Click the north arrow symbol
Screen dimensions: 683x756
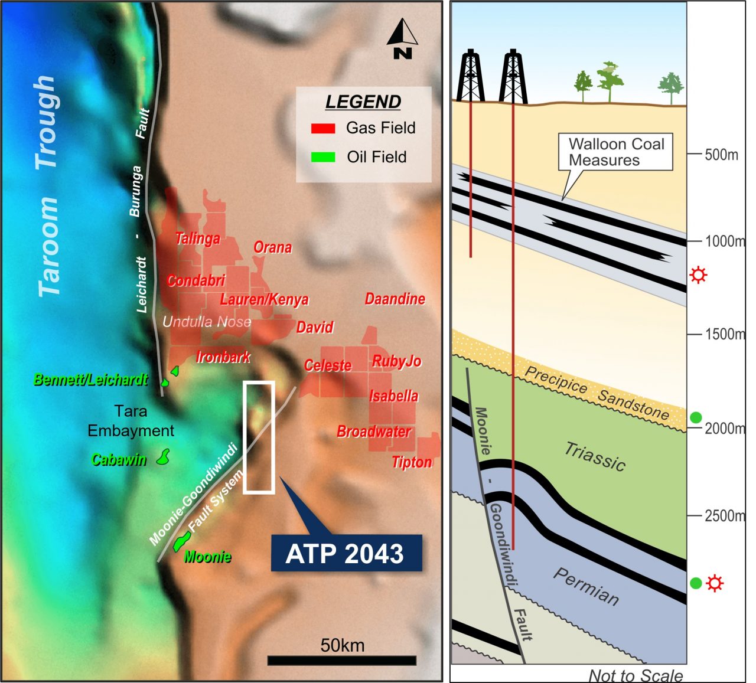pos(402,39)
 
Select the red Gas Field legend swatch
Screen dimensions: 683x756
pos(323,128)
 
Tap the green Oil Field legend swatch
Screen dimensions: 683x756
pos(323,157)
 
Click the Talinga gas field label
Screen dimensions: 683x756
pos(198,238)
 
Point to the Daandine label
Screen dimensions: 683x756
pos(395,299)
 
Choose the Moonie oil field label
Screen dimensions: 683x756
pos(207,557)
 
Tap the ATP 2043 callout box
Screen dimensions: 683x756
pos(346,553)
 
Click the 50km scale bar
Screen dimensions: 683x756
pos(342,660)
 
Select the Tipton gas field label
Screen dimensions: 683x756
pos(412,462)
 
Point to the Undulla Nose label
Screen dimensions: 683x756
pos(207,322)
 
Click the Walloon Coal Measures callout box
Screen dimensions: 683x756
pos(615,152)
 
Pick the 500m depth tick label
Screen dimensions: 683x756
pos(721,155)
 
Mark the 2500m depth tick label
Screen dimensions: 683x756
pos(725,516)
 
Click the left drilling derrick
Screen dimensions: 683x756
pos(470,76)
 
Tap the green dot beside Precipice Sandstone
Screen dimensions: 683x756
pos(696,417)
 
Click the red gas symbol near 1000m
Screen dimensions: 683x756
pos(698,274)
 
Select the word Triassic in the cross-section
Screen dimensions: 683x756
pos(595,456)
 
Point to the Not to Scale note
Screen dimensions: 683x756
pos(636,675)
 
